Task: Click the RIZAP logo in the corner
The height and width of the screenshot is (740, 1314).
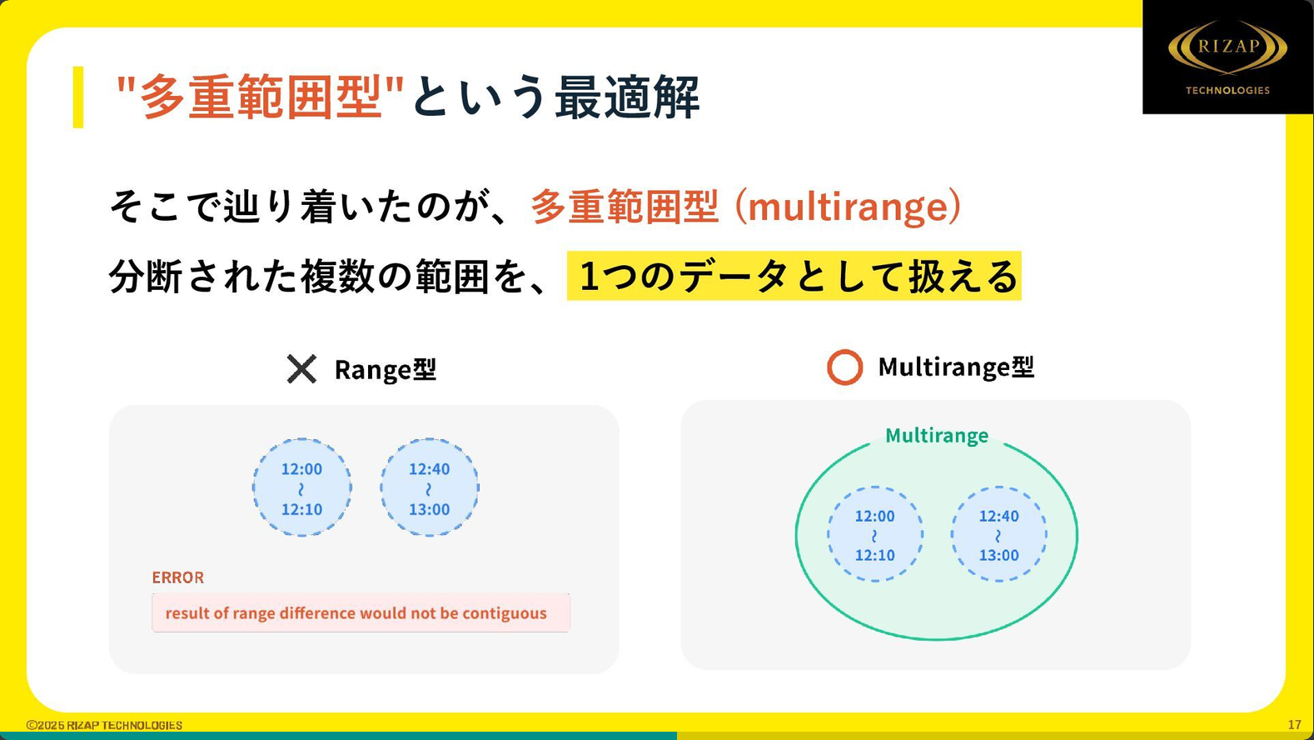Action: tap(1227, 57)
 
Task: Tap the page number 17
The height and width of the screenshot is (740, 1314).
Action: tap(1295, 725)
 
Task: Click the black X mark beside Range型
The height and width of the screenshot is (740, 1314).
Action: tap(301, 369)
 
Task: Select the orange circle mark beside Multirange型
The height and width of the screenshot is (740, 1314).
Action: tap(844, 367)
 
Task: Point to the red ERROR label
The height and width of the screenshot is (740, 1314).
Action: tap(177, 577)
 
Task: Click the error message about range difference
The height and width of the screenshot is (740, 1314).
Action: tap(356, 613)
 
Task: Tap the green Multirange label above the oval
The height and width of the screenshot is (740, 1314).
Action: tap(937, 436)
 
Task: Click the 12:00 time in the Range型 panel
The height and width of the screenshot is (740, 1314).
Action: tap(301, 469)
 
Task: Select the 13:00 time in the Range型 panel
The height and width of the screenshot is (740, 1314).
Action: tap(430, 509)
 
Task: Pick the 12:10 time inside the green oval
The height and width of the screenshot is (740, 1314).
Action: tap(874, 555)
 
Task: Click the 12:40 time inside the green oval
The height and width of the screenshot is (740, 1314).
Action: tap(999, 516)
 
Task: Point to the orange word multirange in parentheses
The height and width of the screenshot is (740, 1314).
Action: tap(847, 207)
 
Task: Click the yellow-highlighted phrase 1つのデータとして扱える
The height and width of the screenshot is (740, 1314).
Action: tap(794, 277)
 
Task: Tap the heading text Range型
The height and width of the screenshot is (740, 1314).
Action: tap(386, 370)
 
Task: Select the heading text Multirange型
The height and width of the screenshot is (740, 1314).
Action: tap(956, 367)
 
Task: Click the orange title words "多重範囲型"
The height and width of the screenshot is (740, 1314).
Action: tap(260, 97)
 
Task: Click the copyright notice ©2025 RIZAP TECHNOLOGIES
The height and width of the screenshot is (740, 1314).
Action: tap(104, 725)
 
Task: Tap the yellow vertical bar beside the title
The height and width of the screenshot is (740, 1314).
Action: tap(78, 97)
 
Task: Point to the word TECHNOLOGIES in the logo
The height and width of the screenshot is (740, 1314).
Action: tap(1227, 90)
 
